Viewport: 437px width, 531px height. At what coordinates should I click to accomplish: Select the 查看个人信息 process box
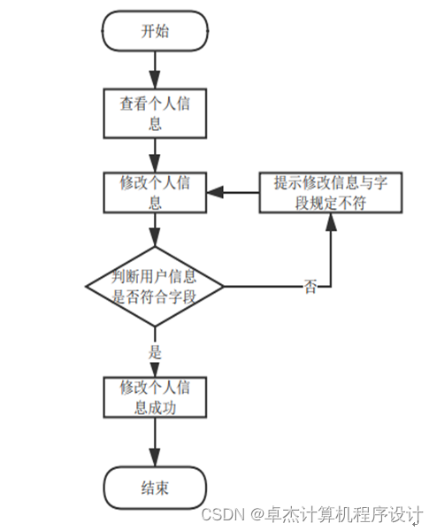point(155,112)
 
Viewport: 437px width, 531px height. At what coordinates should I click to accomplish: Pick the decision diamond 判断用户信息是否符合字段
point(155,286)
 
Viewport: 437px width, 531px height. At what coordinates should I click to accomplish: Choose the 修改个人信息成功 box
point(155,396)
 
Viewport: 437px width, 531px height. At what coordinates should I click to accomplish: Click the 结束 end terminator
point(155,488)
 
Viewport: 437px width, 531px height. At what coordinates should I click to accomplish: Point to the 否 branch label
point(310,288)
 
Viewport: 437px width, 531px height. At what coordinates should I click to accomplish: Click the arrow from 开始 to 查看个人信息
point(155,69)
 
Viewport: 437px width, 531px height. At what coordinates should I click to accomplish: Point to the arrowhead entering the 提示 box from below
point(330,221)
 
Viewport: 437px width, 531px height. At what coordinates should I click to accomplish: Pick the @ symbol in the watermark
point(256,514)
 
